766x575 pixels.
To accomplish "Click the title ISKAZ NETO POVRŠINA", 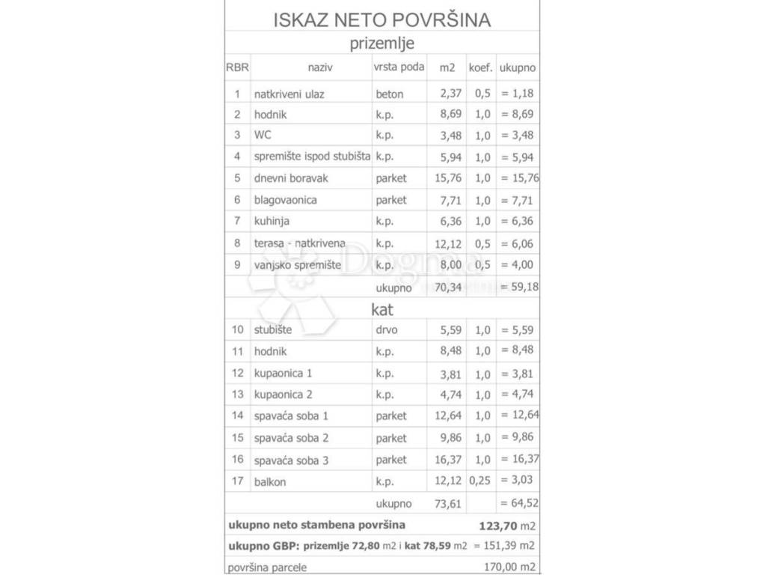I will (x=382, y=20).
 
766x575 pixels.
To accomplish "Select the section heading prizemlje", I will (x=382, y=43).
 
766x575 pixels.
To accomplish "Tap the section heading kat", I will (x=382, y=308).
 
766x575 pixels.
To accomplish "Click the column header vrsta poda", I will (x=399, y=67).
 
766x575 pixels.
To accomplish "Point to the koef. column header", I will (x=480, y=67).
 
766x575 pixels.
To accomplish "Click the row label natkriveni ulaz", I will (x=289, y=94).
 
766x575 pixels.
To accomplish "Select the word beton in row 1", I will (x=390, y=94).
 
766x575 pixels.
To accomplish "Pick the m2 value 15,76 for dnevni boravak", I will (x=447, y=178).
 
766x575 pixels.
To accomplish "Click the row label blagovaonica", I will (x=285, y=200).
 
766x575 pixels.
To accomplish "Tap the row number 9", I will (x=237, y=264).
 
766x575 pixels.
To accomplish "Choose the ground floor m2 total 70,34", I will (x=447, y=286).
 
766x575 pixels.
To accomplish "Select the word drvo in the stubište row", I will (x=388, y=329).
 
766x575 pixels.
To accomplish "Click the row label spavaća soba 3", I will (x=291, y=460).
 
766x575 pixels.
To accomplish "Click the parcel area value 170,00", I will (x=502, y=568).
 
